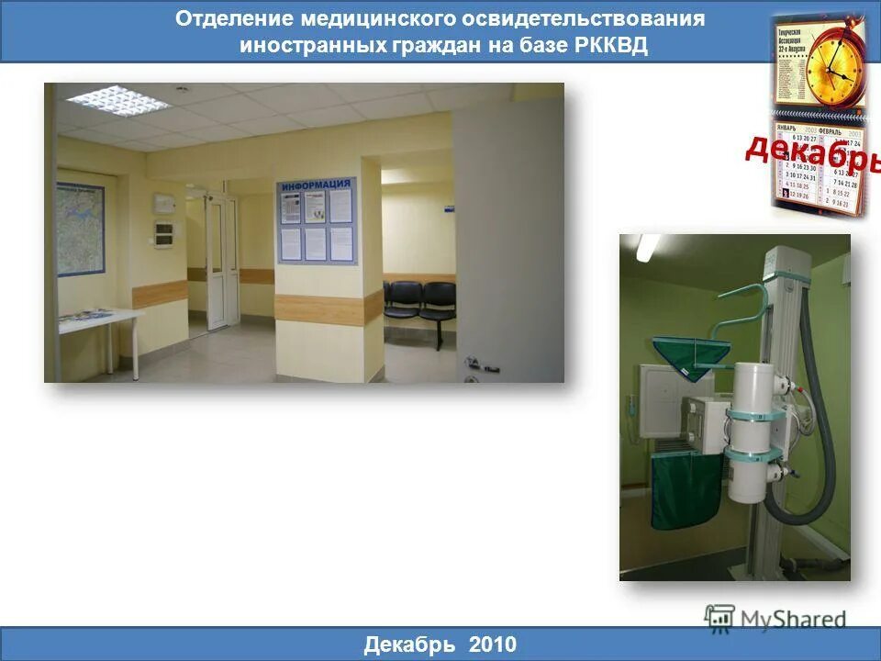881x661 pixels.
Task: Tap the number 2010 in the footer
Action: [x=493, y=644]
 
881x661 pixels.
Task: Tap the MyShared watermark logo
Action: [x=775, y=618]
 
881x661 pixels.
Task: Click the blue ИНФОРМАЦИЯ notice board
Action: [x=317, y=220]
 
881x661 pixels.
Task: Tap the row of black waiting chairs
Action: [x=419, y=303]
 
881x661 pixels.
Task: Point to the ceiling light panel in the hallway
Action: [x=118, y=99]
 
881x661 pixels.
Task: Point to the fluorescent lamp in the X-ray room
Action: [x=647, y=246]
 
